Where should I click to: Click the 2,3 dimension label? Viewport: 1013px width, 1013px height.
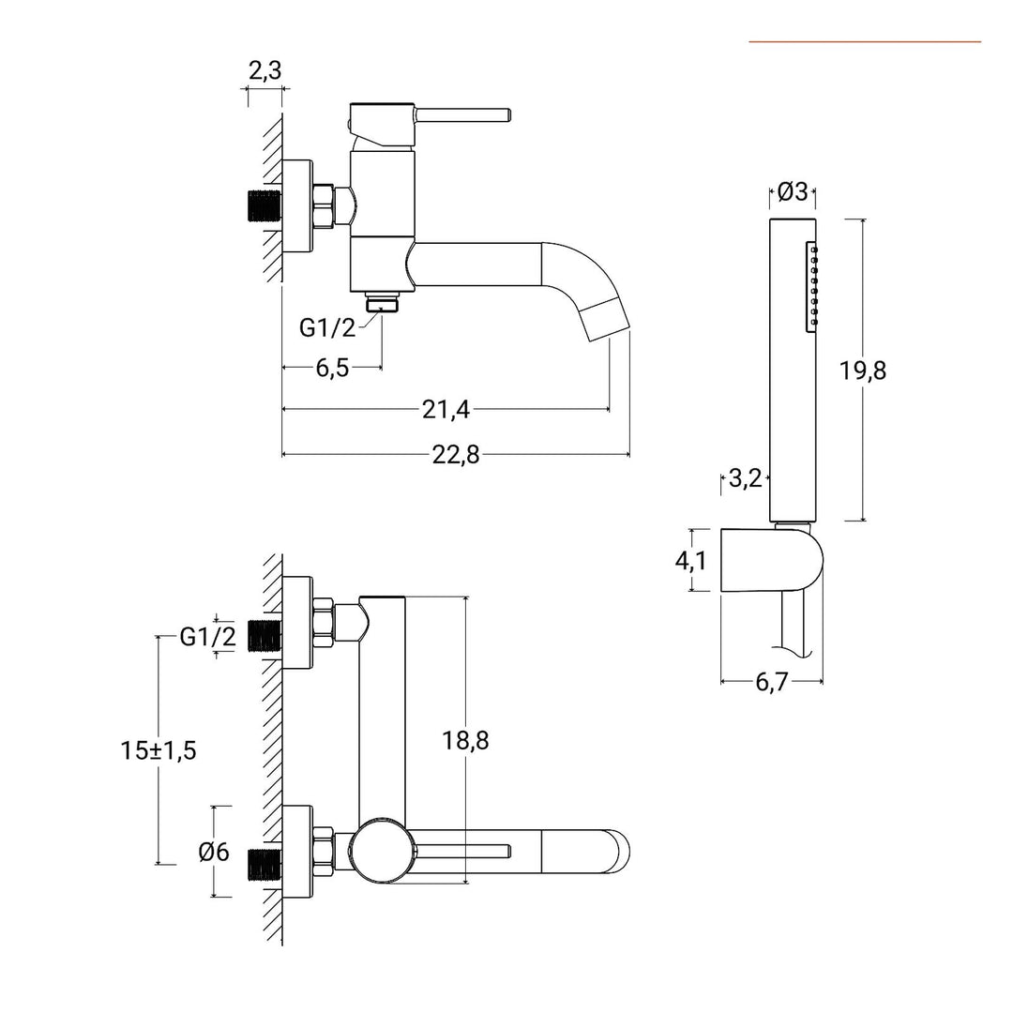point(265,70)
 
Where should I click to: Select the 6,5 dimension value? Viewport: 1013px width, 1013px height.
point(332,368)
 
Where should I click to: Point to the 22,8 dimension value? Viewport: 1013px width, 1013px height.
point(456,455)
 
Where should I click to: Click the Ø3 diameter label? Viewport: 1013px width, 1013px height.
point(793,192)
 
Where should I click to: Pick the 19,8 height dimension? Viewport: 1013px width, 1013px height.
point(863,370)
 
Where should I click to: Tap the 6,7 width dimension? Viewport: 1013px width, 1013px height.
point(771,682)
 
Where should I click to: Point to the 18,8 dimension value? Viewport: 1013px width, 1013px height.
point(465,740)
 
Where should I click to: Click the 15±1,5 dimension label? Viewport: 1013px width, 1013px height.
point(159,750)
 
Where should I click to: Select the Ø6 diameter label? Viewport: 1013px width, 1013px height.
point(214,852)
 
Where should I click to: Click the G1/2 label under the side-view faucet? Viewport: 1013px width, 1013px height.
point(327,327)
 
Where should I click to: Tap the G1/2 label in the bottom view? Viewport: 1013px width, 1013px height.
point(208,637)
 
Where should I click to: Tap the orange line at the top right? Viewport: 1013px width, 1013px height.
point(864,41)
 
